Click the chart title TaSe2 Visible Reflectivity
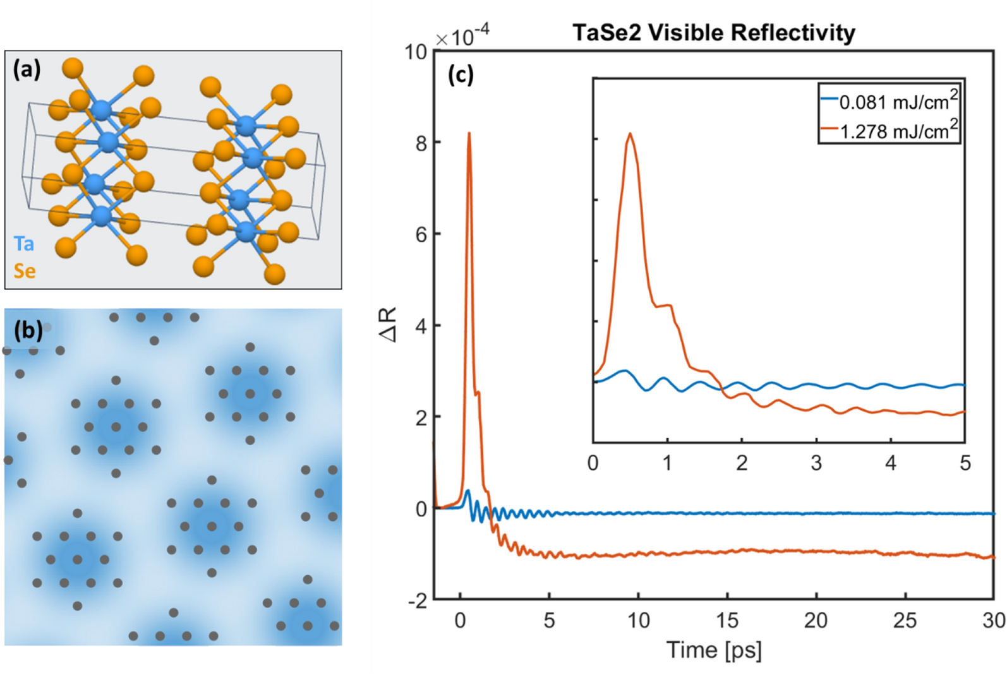click(713, 33)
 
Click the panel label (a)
click(27, 69)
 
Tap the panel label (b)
click(28, 330)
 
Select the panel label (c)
click(461, 75)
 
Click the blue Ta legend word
click(24, 244)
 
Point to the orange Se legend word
click(25, 271)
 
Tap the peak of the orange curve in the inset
click(630, 134)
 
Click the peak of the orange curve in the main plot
click(469, 133)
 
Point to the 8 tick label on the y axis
click(421, 143)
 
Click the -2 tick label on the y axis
click(417, 601)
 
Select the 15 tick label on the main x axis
click(727, 621)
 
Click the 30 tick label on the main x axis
click(993, 621)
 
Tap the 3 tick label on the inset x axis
click(816, 463)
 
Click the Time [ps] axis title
click(714, 650)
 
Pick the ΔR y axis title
click(388, 325)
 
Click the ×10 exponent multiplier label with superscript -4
click(462, 36)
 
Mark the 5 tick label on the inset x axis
click(965, 463)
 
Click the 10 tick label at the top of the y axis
click(416, 52)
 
